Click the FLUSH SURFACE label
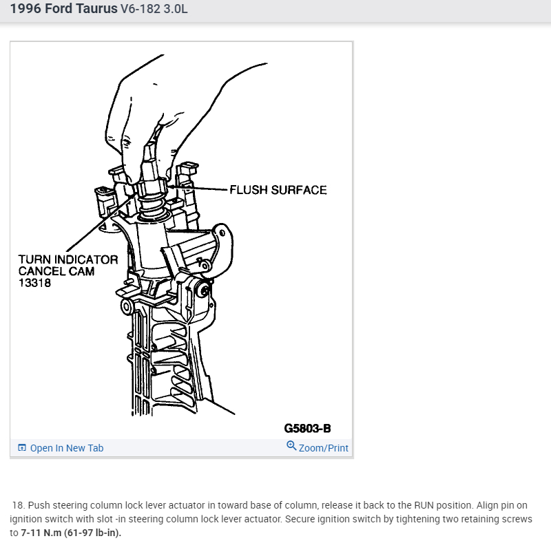[278, 189]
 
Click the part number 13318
[34, 282]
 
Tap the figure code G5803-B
[307, 428]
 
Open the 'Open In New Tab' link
[66, 448]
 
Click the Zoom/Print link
[323, 448]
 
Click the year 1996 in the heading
[25, 10]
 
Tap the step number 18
[18, 505]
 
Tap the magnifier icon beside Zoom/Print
[291, 447]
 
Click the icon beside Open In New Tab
[22, 448]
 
